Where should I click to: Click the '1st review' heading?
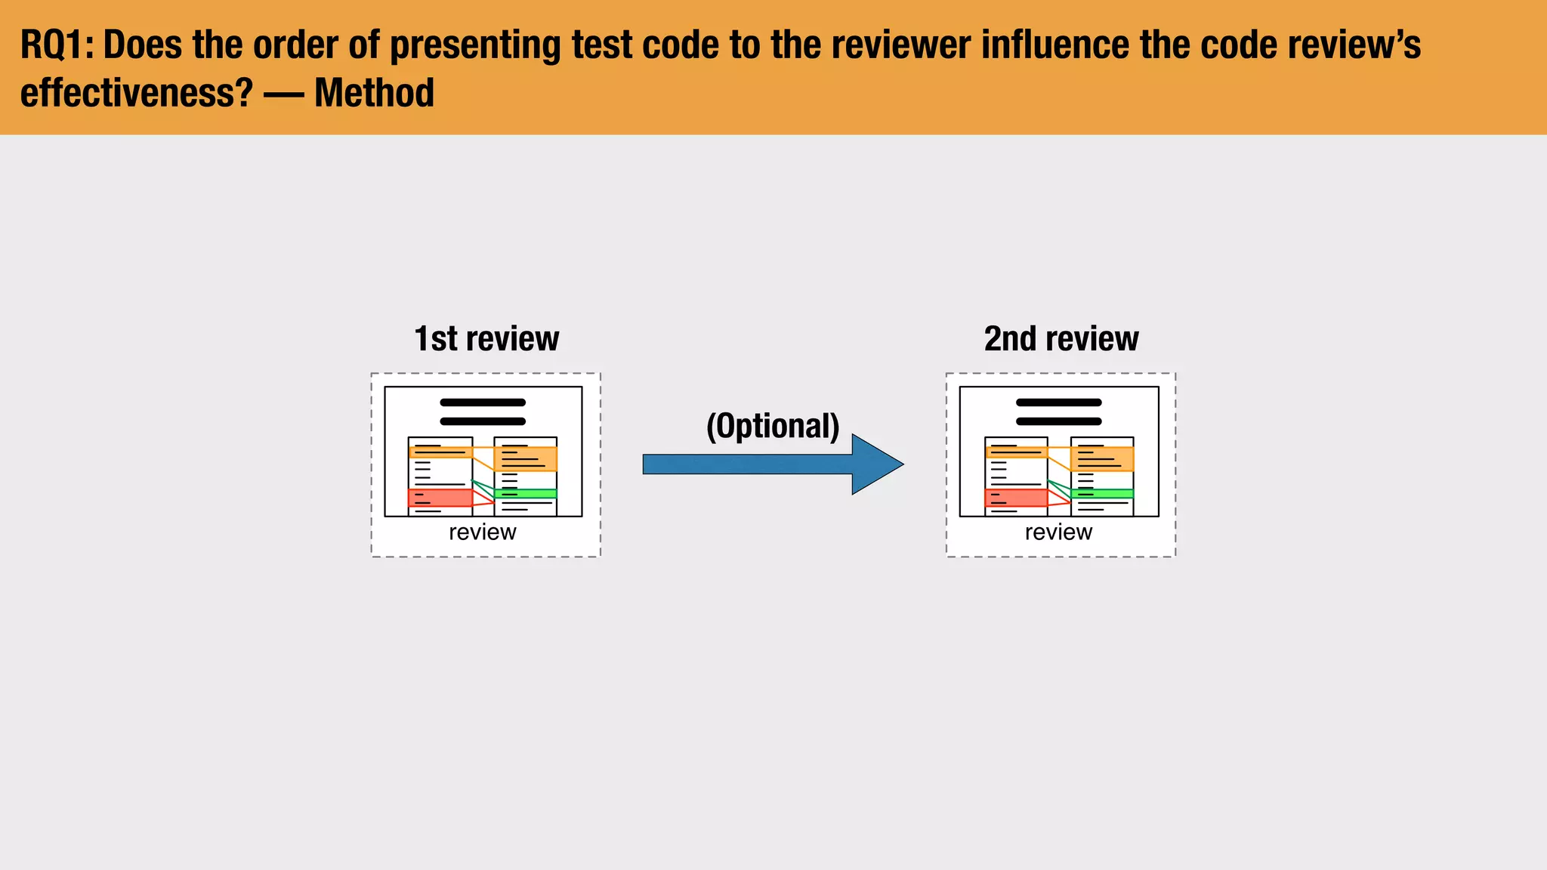click(486, 339)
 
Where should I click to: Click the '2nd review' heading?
click(1061, 339)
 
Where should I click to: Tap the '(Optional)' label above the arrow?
click(772, 426)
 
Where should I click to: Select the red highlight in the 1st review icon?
click(440, 498)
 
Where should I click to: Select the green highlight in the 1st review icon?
click(526, 493)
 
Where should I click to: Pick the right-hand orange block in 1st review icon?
click(526, 458)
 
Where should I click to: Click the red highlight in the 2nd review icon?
click(1016, 498)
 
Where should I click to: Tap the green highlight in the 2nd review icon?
click(1102, 493)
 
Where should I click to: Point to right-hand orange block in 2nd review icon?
click(1102, 458)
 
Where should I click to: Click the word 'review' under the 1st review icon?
click(482, 532)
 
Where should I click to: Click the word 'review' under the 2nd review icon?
click(1058, 532)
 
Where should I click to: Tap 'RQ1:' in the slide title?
click(57, 45)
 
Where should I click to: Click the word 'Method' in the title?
click(374, 93)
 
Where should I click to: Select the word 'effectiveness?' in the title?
click(136, 93)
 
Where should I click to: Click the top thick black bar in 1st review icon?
click(482, 403)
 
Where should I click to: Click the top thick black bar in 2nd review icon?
click(1058, 403)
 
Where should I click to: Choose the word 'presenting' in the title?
click(475, 45)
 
